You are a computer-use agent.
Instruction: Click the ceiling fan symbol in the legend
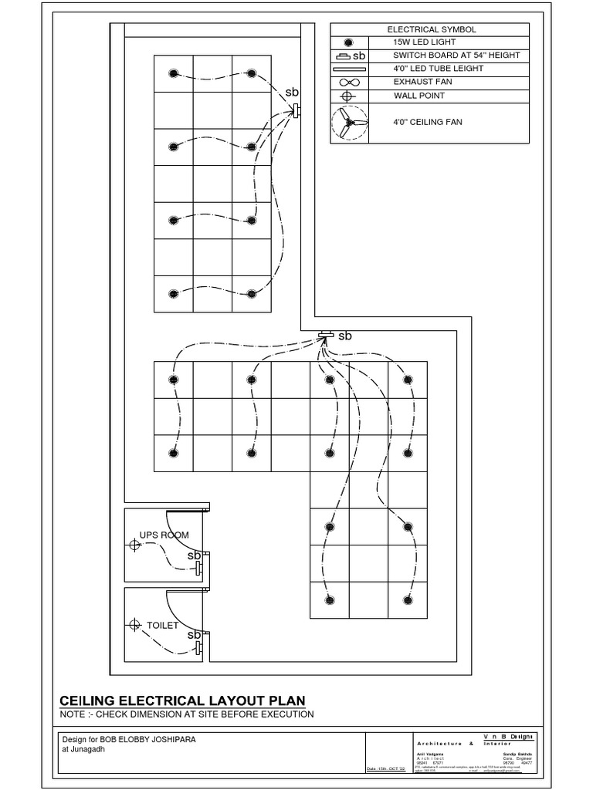pyautogui.click(x=349, y=123)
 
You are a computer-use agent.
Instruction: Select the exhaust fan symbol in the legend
pyautogui.click(x=349, y=82)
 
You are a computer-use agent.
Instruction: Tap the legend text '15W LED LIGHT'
pyautogui.click(x=423, y=42)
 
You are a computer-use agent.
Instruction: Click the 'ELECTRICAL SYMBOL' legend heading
pyautogui.click(x=432, y=29)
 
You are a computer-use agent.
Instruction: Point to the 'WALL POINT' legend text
pyautogui.click(x=418, y=96)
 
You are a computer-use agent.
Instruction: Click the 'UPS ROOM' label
pyautogui.click(x=164, y=535)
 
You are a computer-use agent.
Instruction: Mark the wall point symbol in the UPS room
pyautogui.click(x=135, y=545)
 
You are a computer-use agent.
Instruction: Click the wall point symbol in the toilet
pyautogui.click(x=135, y=623)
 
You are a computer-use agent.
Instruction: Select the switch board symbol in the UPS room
pyautogui.click(x=198, y=569)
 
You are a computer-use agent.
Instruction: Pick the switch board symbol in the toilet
pyautogui.click(x=198, y=647)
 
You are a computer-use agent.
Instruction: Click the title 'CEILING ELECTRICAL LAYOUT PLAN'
pyautogui.click(x=182, y=701)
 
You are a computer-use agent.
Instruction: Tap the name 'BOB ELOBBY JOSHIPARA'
pyautogui.click(x=156, y=739)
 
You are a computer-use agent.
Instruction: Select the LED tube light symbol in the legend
pyautogui.click(x=349, y=69)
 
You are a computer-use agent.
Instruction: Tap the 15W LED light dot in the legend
pyautogui.click(x=349, y=42)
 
